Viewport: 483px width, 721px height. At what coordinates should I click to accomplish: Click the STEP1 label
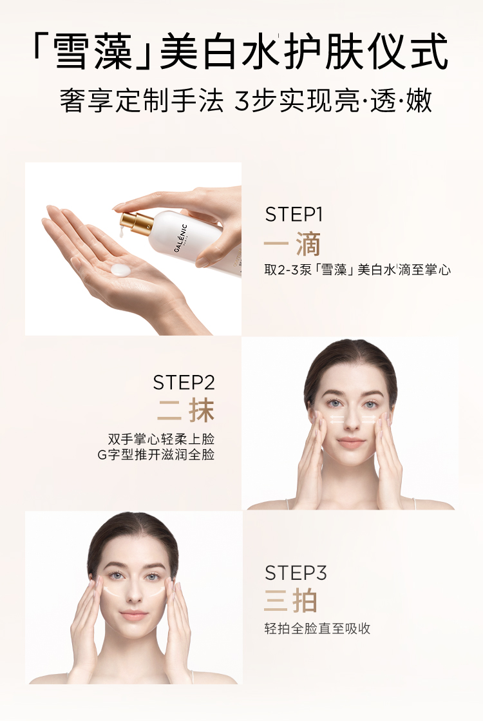coord(294,215)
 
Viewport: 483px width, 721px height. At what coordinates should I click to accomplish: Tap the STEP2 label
coord(184,383)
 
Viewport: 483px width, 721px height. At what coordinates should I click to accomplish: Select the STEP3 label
coord(296,573)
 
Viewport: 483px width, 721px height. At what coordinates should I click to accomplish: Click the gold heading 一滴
coord(292,244)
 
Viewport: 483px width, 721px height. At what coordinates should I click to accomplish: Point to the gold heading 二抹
coord(185,410)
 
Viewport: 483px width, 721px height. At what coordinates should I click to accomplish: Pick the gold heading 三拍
coord(291,601)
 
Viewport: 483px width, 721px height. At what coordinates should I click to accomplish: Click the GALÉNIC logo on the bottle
coord(181,237)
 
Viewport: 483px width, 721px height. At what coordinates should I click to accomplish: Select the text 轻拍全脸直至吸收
coord(317,628)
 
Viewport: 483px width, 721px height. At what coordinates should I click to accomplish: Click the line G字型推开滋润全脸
coord(156,455)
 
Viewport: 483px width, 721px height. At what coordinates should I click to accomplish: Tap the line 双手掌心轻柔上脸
coord(161,438)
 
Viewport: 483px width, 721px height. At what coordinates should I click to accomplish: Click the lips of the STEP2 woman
coord(350,443)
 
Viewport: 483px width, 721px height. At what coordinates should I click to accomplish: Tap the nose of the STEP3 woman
coord(133,595)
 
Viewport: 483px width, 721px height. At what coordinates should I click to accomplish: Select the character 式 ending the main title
coord(428,51)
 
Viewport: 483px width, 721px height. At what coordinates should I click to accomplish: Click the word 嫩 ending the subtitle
coord(419,101)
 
